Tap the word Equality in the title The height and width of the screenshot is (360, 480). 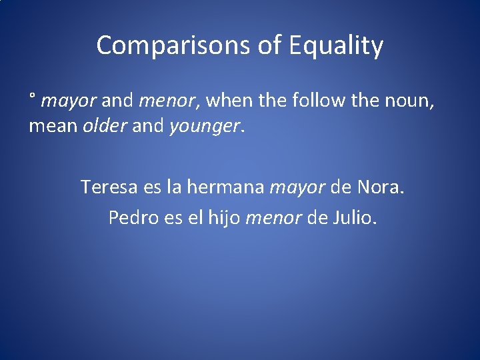[x=336, y=46]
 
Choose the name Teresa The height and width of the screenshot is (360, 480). [x=109, y=187]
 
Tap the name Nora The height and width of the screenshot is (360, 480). [x=381, y=187]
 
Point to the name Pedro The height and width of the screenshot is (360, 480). [x=132, y=217]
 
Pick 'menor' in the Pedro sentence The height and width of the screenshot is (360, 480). [x=273, y=218]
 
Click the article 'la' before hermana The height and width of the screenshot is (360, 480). [x=173, y=187]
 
